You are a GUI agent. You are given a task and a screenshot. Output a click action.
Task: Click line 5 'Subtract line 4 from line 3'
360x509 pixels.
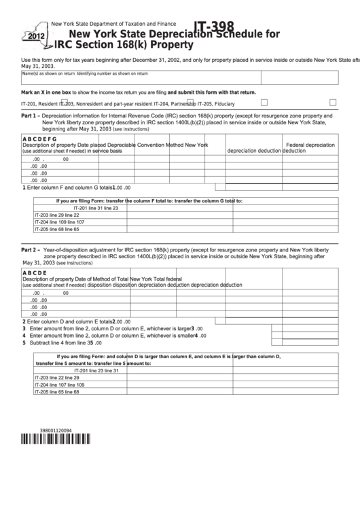(61, 343)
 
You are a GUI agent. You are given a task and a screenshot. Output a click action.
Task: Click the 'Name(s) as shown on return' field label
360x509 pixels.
(48, 73)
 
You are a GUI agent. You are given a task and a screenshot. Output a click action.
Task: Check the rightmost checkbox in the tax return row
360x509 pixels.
(333, 102)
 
